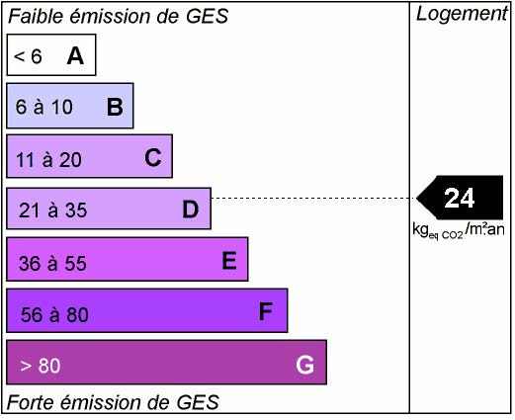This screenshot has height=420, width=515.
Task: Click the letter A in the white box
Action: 75,55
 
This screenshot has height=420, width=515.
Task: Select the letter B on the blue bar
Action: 115,107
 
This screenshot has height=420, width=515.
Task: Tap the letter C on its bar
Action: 153,157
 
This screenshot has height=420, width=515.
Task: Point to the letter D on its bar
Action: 191,209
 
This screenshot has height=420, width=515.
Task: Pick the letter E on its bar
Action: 229,260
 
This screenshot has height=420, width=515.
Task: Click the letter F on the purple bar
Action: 266,311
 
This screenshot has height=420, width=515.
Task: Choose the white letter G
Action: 304,365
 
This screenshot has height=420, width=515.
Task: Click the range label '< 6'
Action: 28,56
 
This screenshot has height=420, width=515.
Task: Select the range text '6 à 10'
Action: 44,107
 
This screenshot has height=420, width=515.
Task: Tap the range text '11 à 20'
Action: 48,160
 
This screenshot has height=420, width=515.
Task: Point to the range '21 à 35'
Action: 53,210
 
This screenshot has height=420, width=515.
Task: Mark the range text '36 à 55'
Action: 52,263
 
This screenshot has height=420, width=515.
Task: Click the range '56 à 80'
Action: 54,314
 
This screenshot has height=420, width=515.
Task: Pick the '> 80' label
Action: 41,366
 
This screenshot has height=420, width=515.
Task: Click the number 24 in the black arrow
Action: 460,198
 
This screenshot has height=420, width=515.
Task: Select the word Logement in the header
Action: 462,14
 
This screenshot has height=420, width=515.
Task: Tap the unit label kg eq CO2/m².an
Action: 459,230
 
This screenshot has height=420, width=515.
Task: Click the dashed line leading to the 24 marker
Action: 313,198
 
